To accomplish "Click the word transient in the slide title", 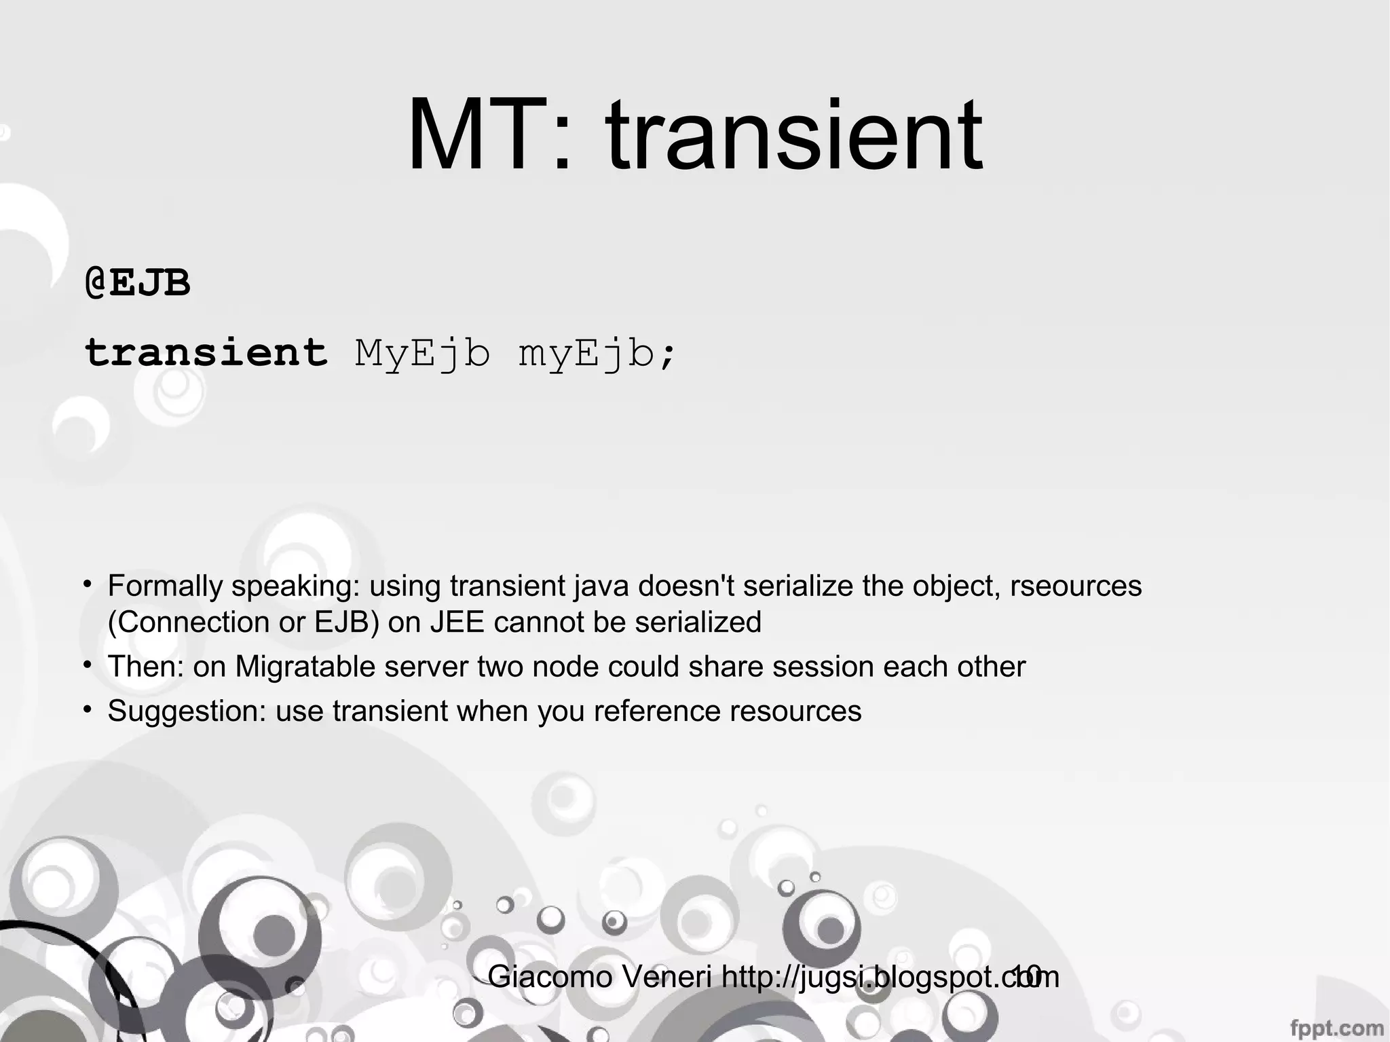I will (x=793, y=136).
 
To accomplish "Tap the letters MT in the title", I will (x=475, y=136).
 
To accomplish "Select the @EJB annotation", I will (x=138, y=282).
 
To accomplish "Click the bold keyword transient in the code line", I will (x=206, y=353).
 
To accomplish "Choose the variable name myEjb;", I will (x=597, y=354).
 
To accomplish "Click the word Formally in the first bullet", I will (x=165, y=586).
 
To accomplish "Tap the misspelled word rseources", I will (x=1076, y=586).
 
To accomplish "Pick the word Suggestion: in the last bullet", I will (x=187, y=711).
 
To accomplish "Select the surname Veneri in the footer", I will (x=667, y=978).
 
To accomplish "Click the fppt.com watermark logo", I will (x=1336, y=1028).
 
